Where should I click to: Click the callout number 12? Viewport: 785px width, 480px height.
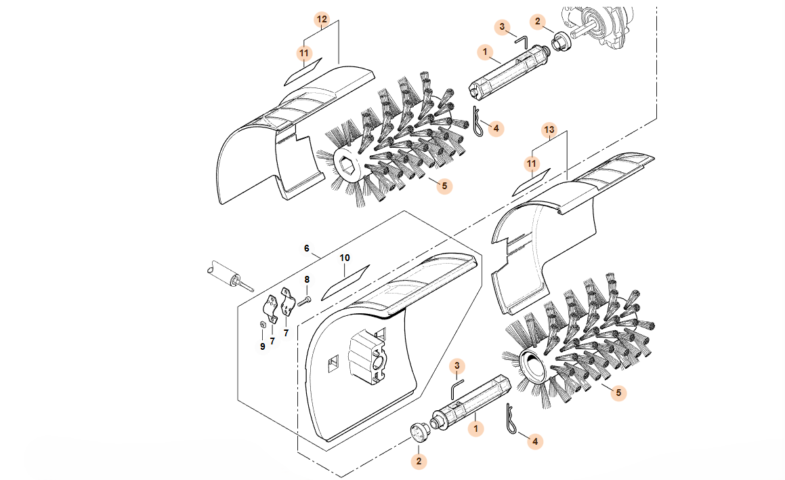click(x=322, y=20)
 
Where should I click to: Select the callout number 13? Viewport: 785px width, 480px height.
click(x=549, y=130)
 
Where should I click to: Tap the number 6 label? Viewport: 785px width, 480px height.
click(x=307, y=249)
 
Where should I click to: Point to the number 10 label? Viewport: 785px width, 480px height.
click(x=345, y=258)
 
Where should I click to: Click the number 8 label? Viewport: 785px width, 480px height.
click(x=307, y=279)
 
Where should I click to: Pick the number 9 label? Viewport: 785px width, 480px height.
click(x=262, y=346)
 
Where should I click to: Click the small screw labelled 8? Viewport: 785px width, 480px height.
click(x=304, y=300)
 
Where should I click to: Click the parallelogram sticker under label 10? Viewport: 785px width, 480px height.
click(x=345, y=283)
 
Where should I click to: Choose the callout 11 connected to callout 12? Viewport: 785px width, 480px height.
click(x=304, y=53)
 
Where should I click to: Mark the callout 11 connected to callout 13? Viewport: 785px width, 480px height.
click(x=532, y=164)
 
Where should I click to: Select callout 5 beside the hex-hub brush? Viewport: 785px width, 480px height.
click(x=444, y=186)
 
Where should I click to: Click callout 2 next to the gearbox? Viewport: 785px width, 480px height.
click(x=538, y=22)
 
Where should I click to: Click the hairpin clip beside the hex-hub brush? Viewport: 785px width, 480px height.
click(x=478, y=122)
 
